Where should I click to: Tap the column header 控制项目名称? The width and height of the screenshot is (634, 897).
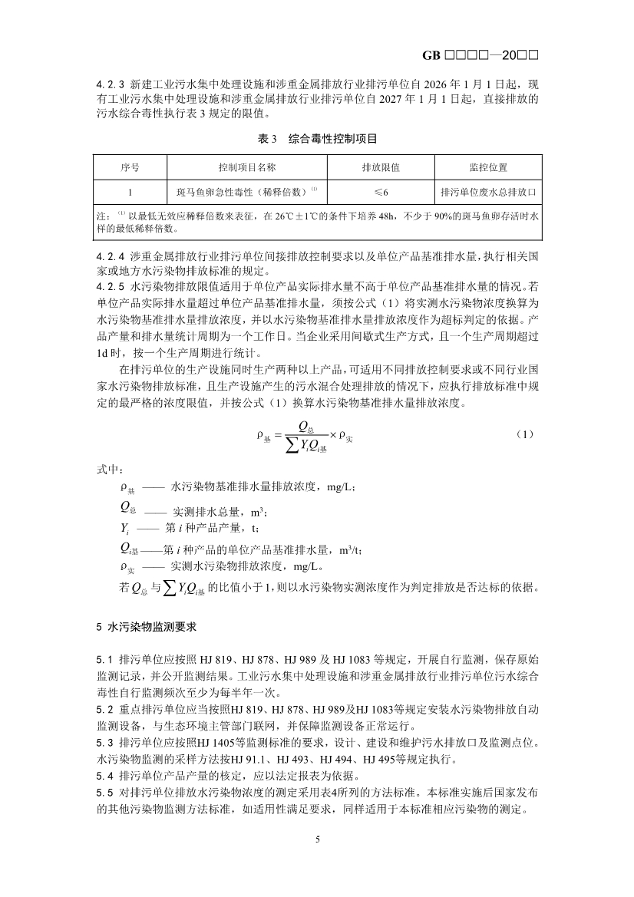click(247, 167)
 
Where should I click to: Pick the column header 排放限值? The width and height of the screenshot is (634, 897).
click(381, 167)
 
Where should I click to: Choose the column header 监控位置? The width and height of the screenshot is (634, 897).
click(487, 167)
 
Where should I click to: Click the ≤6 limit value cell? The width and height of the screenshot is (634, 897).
click(381, 191)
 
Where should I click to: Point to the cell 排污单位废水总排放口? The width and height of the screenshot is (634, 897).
click(487, 191)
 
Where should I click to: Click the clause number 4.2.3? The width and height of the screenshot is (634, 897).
click(111, 84)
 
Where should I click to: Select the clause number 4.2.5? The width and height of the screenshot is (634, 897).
click(111, 285)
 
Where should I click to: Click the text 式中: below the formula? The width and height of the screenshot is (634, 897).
click(109, 469)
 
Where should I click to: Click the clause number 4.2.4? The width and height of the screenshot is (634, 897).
click(111, 253)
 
